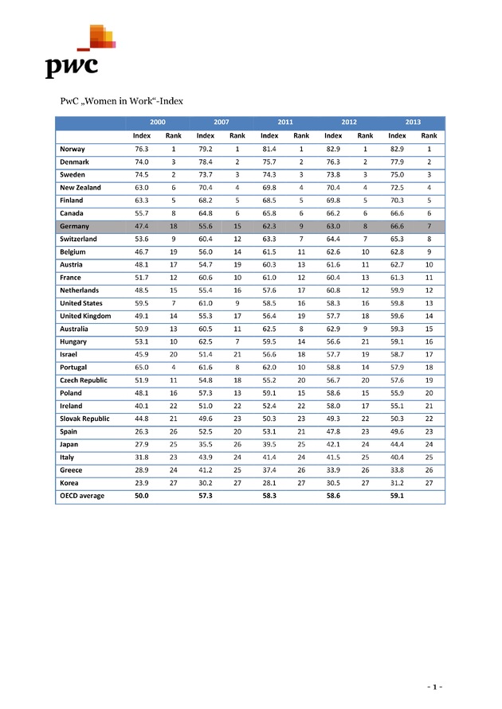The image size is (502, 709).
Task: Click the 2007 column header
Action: pyautogui.click(x=222, y=123)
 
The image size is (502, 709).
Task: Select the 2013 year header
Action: pyautogui.click(x=413, y=123)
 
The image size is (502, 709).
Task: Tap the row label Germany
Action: pyautogui.click(x=74, y=226)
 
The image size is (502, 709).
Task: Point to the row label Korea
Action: pyautogui.click(x=69, y=483)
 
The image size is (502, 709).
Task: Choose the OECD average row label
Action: pyautogui.click(x=82, y=496)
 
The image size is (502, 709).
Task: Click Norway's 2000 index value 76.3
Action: pyautogui.click(x=142, y=149)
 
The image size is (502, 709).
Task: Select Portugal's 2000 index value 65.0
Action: pyautogui.click(x=142, y=368)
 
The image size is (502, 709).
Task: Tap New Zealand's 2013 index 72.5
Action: pyautogui.click(x=397, y=188)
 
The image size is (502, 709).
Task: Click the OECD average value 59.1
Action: pyautogui.click(x=397, y=496)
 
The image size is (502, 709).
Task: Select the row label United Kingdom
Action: pyautogui.click(x=85, y=316)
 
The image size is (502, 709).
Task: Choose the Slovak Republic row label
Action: pyautogui.click(x=84, y=419)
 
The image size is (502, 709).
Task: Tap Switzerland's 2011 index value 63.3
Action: pyautogui.click(x=269, y=239)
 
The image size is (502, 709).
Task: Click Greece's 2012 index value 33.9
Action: pyautogui.click(x=333, y=470)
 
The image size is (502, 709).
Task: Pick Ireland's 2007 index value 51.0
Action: pyautogui.click(x=206, y=406)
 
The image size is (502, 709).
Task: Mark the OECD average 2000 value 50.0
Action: pyautogui.click(x=142, y=496)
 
